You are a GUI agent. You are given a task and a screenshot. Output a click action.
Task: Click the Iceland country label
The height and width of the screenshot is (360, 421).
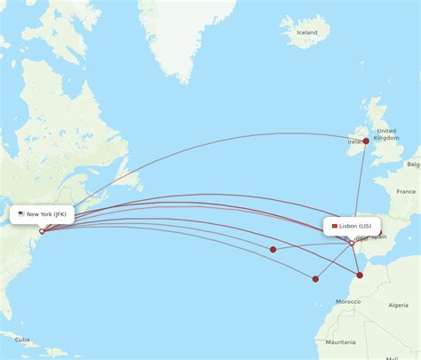306,32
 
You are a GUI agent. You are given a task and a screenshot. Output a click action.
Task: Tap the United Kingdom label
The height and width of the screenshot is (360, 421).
386,134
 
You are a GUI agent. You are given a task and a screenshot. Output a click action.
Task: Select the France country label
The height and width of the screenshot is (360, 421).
406,191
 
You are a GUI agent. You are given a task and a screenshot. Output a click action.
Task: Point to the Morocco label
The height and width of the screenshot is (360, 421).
348,302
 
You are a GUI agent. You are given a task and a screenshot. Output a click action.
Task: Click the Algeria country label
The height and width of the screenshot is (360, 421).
399,305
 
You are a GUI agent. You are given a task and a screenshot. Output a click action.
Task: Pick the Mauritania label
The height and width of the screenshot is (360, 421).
339,342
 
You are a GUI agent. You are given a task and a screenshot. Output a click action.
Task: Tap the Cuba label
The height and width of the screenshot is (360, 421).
22,340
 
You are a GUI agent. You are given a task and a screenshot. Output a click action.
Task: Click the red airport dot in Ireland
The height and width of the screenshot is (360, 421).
365,140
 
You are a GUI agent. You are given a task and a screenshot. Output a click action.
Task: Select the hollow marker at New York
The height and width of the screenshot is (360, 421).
41,231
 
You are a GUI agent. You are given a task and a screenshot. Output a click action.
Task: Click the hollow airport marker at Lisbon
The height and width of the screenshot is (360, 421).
339,243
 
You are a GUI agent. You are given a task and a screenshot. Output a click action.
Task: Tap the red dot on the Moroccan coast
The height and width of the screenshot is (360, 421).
360,275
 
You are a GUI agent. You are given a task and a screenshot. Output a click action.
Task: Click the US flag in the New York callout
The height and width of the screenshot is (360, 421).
21,214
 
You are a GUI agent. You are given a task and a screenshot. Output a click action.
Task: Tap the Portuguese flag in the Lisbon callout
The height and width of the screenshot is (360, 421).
334,226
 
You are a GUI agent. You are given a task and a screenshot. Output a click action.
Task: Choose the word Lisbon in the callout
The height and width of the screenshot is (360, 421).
349,226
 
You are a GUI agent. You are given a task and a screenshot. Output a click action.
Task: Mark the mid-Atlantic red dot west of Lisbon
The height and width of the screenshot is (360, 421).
273,250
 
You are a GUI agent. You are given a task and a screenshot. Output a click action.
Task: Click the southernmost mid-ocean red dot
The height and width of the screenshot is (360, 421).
315,278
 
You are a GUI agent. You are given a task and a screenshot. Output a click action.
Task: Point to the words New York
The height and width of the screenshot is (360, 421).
39,214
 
